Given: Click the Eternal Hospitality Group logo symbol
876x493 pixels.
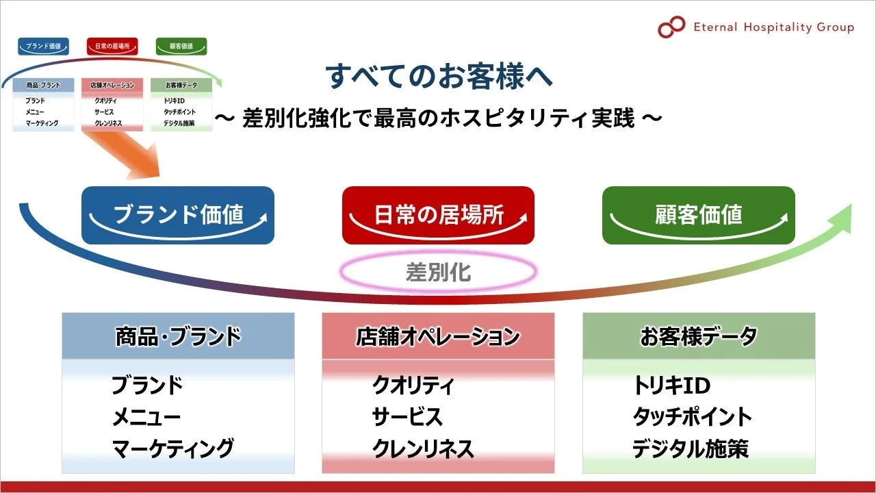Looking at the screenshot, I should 671,27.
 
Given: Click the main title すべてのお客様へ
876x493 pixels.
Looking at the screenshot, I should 439,76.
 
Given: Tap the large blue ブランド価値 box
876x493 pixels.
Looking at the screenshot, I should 178,215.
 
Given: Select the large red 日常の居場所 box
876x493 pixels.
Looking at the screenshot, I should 438,215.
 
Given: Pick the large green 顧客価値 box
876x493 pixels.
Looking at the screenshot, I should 698,215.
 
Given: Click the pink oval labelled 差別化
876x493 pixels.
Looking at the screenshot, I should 438,273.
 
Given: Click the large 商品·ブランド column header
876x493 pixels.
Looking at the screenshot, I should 178,336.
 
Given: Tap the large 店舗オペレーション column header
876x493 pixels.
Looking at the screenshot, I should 438,336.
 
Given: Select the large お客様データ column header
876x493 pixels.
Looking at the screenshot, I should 699,336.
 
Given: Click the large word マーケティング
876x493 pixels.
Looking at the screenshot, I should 172,448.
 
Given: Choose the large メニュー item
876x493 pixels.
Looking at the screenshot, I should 146,417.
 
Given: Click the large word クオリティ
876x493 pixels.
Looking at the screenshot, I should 413,385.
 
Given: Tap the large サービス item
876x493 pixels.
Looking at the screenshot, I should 407,417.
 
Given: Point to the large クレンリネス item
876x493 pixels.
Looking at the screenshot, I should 423,448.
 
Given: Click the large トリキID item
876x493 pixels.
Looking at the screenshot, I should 671,385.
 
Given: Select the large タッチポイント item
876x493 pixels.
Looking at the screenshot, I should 692,417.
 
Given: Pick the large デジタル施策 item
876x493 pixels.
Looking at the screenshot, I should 690,448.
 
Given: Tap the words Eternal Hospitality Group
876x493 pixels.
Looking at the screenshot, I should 773,27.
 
